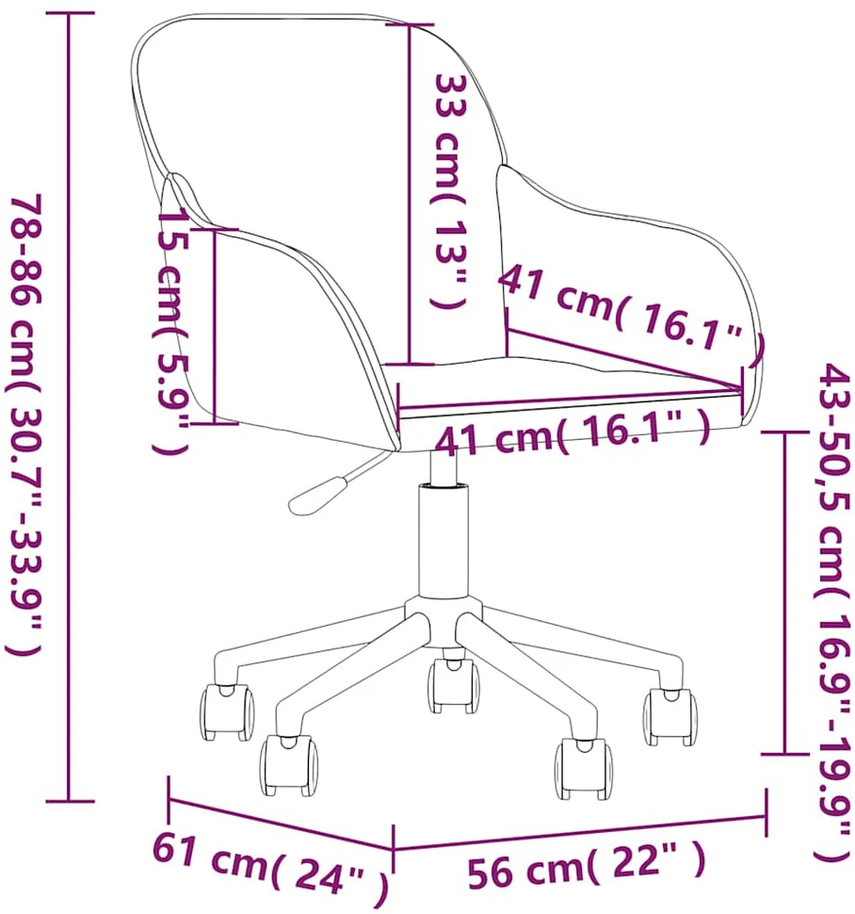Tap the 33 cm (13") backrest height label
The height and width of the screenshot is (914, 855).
pos(449,190)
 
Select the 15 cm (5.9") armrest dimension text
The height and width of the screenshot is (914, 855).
pos(170,331)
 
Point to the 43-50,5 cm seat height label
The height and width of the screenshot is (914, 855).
pos(832,612)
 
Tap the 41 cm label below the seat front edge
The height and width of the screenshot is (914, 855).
pos(573,433)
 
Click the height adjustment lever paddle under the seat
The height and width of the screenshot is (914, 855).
pos(317,496)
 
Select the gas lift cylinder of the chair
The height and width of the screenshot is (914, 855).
pos(444,539)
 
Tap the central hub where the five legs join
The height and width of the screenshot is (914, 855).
pos(444,621)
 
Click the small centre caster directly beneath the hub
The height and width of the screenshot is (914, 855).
pos(454,686)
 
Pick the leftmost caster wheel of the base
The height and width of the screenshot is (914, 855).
pos(227,712)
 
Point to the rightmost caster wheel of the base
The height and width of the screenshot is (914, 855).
pos(669,717)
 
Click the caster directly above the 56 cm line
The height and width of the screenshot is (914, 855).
pos(583,767)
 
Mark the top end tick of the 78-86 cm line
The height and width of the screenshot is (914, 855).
pos(70,13)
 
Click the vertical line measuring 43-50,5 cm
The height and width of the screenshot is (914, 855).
pos(785,593)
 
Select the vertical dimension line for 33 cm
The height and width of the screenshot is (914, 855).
pos(410,195)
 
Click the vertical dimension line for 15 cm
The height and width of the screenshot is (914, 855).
pos(215,326)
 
